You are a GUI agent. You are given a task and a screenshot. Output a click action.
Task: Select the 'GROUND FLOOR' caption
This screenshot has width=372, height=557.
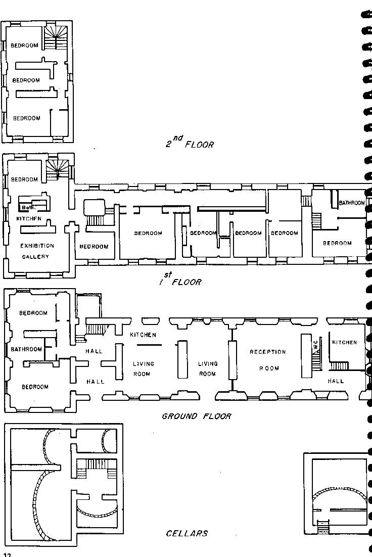[x=197, y=416]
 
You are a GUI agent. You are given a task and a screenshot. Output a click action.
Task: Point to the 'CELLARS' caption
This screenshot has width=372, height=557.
[x=187, y=533]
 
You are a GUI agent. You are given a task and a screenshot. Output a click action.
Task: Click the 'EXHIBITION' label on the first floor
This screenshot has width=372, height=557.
[x=37, y=246]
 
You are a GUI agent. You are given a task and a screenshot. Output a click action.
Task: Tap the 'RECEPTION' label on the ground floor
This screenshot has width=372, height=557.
[x=267, y=352]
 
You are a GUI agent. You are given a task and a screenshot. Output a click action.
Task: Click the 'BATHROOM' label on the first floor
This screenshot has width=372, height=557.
[x=351, y=203]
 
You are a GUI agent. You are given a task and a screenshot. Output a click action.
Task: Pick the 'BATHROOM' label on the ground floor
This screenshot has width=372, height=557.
[x=26, y=349]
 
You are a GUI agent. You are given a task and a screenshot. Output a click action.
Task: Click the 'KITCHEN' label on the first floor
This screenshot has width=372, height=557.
[x=29, y=218]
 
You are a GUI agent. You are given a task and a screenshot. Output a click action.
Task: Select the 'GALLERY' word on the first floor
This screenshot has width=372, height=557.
[x=35, y=257]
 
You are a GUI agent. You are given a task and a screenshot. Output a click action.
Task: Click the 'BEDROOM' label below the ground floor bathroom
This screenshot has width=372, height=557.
[x=35, y=387]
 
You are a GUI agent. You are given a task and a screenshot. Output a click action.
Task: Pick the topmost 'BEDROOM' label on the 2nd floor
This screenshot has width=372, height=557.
[x=24, y=45]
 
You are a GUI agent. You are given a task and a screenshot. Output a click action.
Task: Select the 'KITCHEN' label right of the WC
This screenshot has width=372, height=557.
[x=344, y=342]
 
